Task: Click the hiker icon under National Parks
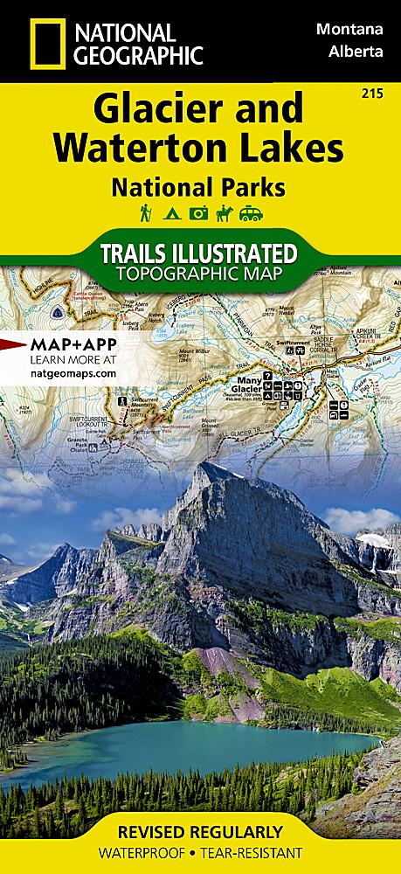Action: pos(144,212)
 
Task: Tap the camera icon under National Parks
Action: pos(199,212)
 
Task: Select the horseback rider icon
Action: pos(226,212)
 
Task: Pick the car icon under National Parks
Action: pos(254,212)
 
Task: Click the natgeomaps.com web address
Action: pos(60,372)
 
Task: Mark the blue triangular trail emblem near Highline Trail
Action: pos(56,312)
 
